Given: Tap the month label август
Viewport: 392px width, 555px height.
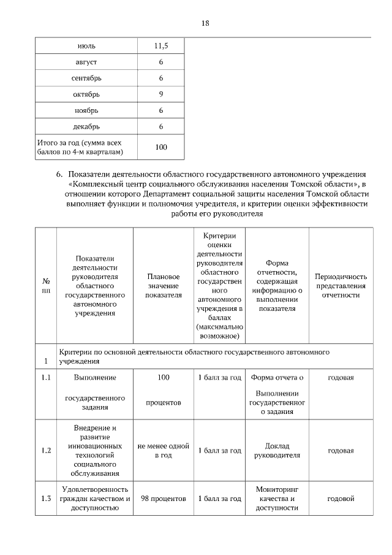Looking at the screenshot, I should click(x=86, y=63).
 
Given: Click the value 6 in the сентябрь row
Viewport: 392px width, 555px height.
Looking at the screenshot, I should click(x=161, y=78).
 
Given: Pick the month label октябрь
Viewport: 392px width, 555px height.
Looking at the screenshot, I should click(x=86, y=94).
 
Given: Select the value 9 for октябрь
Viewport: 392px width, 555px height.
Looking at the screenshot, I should click(x=161, y=94).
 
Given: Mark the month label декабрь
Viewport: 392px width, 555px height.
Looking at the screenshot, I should click(x=86, y=126).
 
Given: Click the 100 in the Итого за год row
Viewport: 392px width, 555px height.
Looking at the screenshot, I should click(x=161, y=147).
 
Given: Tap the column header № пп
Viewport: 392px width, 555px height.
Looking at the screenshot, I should click(x=45, y=286).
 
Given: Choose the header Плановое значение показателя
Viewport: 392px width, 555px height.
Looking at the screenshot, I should click(x=164, y=286).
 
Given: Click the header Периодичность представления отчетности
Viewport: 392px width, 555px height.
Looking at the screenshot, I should click(x=341, y=286).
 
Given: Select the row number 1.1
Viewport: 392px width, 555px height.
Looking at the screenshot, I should click(x=45, y=377).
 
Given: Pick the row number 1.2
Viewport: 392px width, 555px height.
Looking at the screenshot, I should click(x=45, y=451).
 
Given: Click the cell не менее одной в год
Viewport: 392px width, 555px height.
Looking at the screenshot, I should click(x=164, y=451).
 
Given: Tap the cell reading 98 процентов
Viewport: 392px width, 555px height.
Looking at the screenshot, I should click(x=164, y=499).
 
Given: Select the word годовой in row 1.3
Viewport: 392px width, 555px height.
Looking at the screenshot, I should click(x=341, y=499).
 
